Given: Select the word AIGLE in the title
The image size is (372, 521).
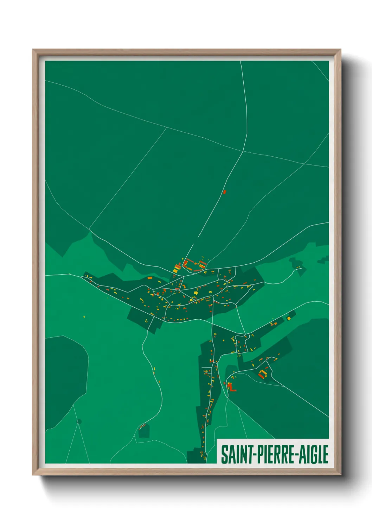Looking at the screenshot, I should pos(314,454).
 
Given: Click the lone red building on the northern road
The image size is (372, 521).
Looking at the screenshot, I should pos(225,192).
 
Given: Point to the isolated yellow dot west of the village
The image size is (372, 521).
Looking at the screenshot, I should pos(84,317).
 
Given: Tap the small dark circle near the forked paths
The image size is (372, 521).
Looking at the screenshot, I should pos(79,421).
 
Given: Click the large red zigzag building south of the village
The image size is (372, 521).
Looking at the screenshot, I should pos(231,387).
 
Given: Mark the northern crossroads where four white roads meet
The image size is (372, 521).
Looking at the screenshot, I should pos(243,151).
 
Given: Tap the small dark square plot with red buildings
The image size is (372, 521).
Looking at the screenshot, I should pos(144,431).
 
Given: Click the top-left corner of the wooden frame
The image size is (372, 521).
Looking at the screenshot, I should pos(33,50).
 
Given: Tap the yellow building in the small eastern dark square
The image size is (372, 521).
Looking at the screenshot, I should pos(289,318).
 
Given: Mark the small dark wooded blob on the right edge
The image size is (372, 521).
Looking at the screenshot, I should pos(323,260).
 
